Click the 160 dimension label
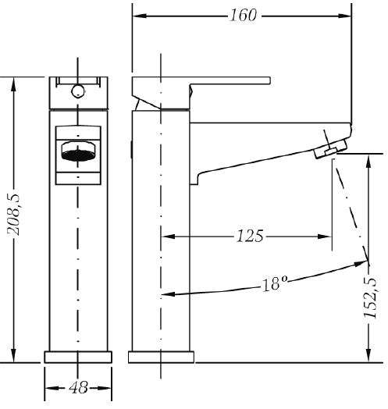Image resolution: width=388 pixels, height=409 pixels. click(244, 15)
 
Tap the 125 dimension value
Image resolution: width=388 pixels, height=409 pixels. click(250, 236)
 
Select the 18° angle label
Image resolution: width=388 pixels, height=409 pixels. click(275, 283)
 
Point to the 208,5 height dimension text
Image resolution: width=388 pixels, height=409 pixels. click(13, 215)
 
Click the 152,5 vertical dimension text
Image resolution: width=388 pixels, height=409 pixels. click(370, 298)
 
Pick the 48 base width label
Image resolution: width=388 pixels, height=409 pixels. click(78, 388)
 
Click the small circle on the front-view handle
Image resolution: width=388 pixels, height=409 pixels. click(78, 91)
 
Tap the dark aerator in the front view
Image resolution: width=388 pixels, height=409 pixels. click(78, 155)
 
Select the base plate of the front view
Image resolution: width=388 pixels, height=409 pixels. click(78, 357)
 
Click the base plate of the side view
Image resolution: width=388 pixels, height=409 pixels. click(161, 357)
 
